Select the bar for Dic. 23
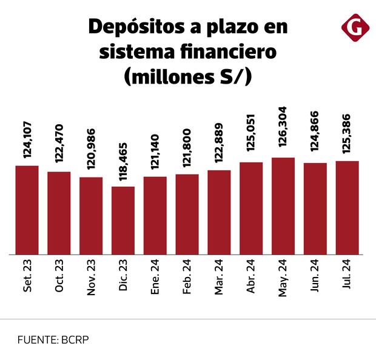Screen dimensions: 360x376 click(x=123, y=220)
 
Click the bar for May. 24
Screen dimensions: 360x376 click(x=283, y=205)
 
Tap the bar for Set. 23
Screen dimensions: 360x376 click(x=27, y=210)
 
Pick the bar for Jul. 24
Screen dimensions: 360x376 click(x=347, y=207)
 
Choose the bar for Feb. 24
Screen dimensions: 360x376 click(x=187, y=214)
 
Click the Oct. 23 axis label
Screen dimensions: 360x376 click(x=59, y=278)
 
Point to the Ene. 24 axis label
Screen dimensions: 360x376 click(x=155, y=279)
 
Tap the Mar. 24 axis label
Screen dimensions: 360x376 click(x=219, y=279)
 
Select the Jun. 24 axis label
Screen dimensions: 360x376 click(x=315, y=278)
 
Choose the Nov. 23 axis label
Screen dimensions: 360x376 click(x=91, y=279)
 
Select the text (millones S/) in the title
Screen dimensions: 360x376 click(x=188, y=77)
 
